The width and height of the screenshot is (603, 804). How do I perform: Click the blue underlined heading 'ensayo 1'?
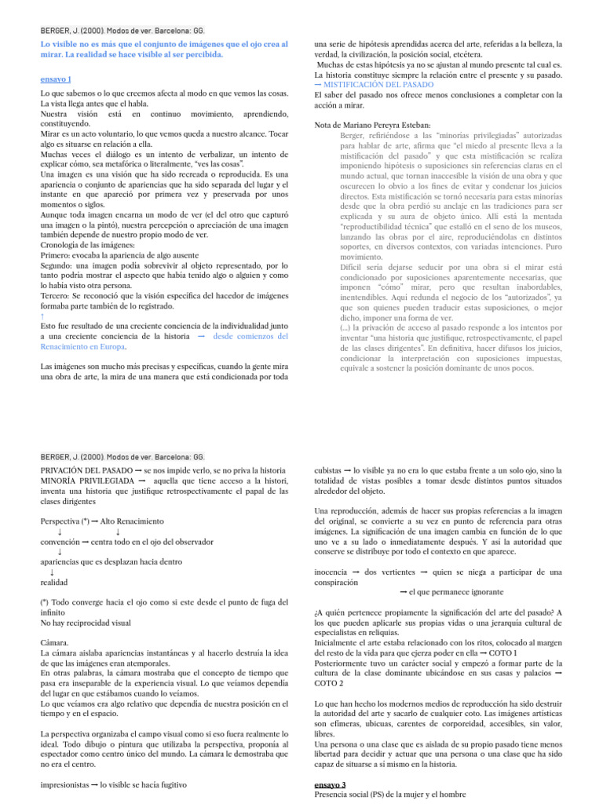click(56, 79)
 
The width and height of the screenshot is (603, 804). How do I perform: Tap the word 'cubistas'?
click(329, 470)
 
